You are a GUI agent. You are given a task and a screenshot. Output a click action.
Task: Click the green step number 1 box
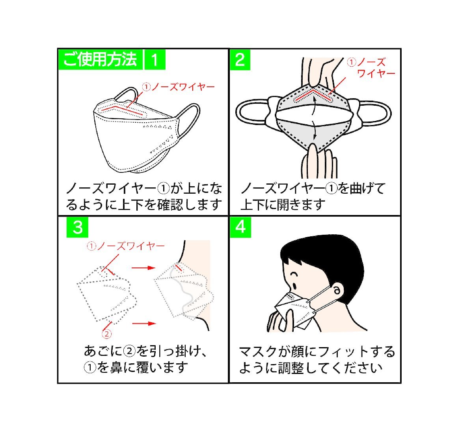coord(155,60)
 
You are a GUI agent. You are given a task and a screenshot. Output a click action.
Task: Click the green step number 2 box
coord(240,60)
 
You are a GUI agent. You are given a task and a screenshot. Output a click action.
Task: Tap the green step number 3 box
coord(77,227)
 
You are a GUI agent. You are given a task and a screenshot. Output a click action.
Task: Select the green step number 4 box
coord(240,227)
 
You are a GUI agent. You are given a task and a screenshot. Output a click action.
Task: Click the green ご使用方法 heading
coord(101,60)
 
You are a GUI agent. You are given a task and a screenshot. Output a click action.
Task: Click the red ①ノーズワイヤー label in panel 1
coord(178,87)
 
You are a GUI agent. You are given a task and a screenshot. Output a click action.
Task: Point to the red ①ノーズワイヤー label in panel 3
coord(126,246)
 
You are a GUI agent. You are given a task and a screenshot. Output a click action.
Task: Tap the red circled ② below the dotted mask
coord(106,334)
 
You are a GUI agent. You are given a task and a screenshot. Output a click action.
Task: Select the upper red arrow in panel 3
coord(143,267)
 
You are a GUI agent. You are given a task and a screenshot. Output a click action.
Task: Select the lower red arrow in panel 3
coord(144,323)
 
